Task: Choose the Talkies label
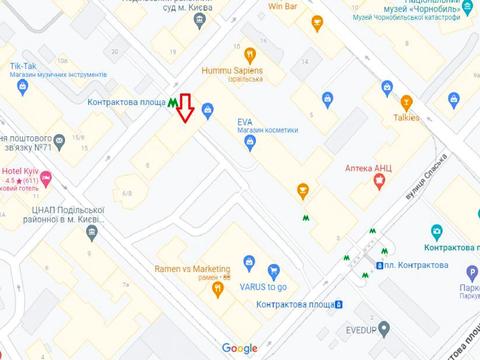[x=406, y=117]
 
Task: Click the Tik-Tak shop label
[x=24, y=67]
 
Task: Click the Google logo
[x=240, y=348]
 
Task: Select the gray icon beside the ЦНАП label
[x=92, y=232]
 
